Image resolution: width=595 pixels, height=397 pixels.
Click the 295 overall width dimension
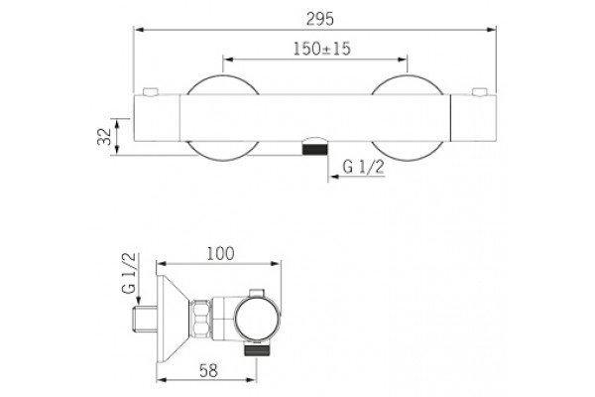click(320, 19)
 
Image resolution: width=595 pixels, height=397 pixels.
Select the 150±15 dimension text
click(321, 49)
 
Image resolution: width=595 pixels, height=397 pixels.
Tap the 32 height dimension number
click(104, 136)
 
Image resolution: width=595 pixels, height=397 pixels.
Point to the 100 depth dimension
click(220, 254)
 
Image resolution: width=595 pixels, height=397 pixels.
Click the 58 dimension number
click(208, 371)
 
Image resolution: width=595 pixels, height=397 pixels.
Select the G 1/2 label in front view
click(363, 167)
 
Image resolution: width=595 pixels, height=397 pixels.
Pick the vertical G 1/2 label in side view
click(129, 273)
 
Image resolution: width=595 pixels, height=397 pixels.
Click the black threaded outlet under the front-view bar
click(315, 149)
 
